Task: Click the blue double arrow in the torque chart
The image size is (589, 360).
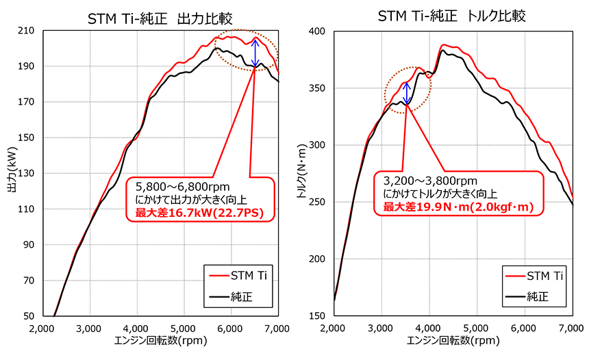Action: pos(407,93)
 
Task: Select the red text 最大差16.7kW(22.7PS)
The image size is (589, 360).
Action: pos(199,213)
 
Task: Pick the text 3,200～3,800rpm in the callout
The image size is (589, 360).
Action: pos(426,181)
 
